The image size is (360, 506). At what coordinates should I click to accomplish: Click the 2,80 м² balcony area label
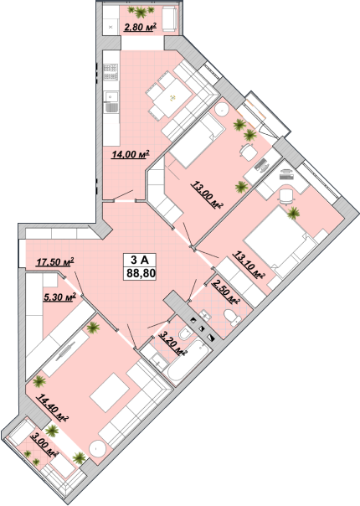coord(140,27)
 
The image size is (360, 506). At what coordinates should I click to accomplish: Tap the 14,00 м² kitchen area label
coord(131,154)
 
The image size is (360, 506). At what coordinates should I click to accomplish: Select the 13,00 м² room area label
coord(208,194)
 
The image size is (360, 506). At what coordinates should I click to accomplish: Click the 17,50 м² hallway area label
coord(55,261)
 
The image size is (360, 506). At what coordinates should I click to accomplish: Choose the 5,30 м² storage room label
coord(59,297)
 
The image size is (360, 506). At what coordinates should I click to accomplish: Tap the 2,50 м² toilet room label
coord(225,292)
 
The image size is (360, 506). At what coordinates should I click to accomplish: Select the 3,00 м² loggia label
coord(44,445)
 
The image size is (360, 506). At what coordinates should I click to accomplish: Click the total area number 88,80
coord(141,274)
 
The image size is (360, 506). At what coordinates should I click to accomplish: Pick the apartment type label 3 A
coord(139,259)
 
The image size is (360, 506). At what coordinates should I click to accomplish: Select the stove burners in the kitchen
coord(111,72)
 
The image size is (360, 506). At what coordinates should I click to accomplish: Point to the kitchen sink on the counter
coord(111,97)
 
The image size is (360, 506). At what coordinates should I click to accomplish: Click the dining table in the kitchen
coord(172,97)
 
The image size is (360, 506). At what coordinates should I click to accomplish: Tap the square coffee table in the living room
coord(111,392)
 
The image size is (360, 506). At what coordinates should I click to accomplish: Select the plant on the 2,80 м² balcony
coord(141,12)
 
